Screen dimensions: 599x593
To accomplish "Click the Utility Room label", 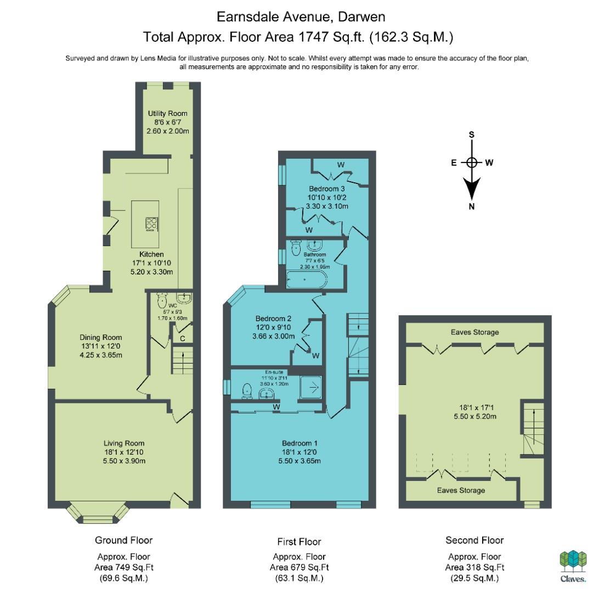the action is pos(168,114).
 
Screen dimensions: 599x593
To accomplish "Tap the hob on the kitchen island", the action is pos(151,225).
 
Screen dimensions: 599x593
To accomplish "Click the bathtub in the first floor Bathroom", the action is pos(307,279).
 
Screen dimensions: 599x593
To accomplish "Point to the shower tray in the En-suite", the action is pos(310,388).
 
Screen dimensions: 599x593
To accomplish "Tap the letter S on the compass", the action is pos(472,135).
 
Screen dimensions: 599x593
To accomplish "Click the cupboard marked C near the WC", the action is pos(182,339).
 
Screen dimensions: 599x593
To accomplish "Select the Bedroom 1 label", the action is pos(299,444).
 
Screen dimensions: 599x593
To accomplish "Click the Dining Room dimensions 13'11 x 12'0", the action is pos(101,346).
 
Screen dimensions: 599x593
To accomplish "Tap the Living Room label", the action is pos(124,444).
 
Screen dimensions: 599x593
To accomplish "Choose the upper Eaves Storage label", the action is pos(475,332).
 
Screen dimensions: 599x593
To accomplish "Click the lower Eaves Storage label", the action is pos(461,490).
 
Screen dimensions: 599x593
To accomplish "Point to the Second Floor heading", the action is pos(474,540).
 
